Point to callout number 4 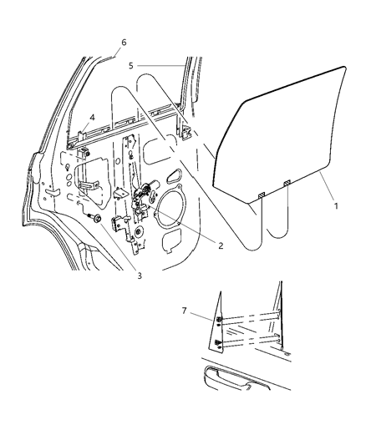click(x=92, y=117)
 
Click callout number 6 click(x=123, y=43)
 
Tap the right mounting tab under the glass click(x=287, y=184)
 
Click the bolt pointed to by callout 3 click(x=97, y=219)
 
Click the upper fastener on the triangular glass click(x=219, y=321)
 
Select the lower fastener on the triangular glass click(x=219, y=341)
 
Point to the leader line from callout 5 click(x=163, y=64)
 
